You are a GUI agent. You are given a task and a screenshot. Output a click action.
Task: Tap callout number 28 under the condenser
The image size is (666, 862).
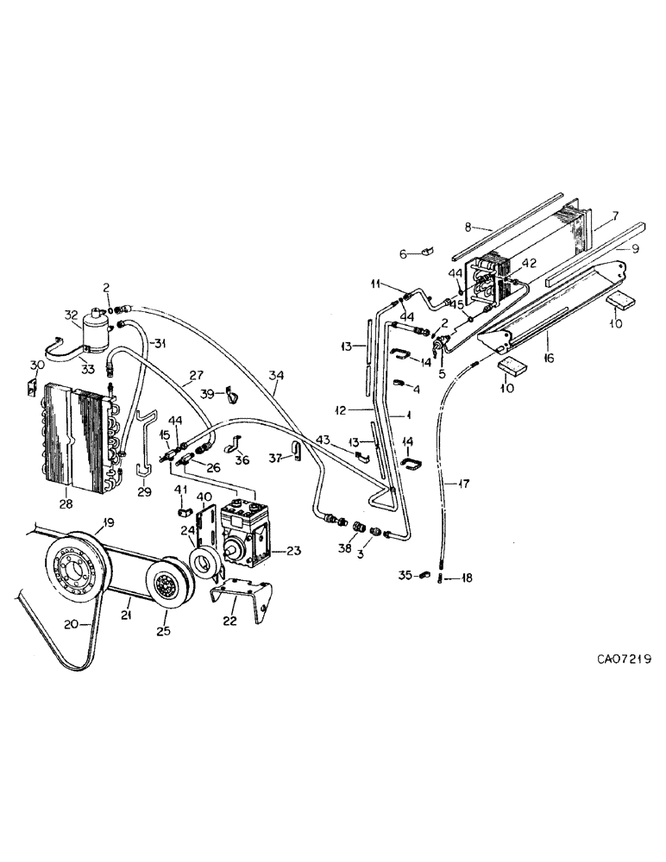pyautogui.click(x=65, y=503)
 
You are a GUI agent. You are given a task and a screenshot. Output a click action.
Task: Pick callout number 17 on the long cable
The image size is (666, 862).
pyautogui.click(x=465, y=484)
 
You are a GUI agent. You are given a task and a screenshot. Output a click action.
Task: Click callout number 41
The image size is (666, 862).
pyautogui.click(x=182, y=490)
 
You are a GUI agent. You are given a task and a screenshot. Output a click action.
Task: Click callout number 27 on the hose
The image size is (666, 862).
pyautogui.click(x=196, y=374)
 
